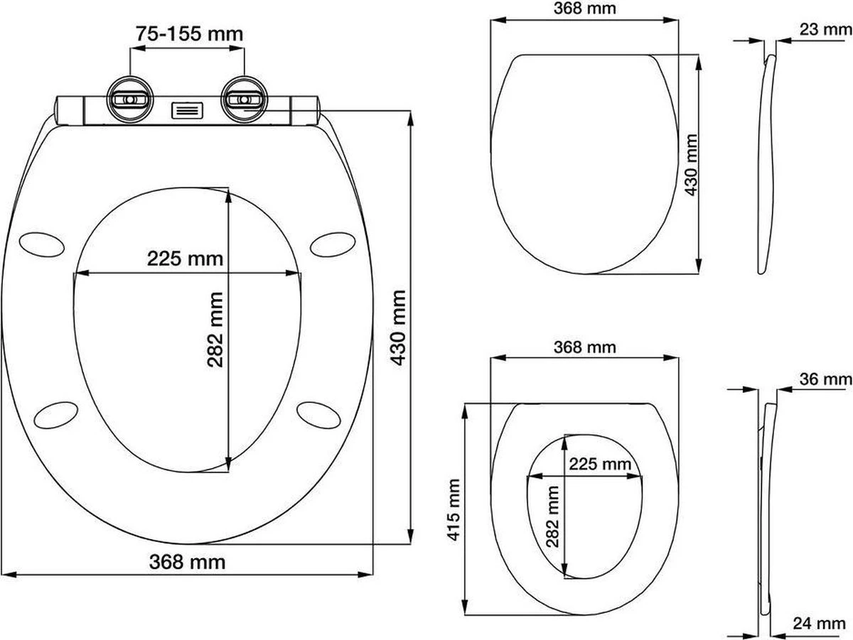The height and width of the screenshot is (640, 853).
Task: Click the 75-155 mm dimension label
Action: (x=189, y=33)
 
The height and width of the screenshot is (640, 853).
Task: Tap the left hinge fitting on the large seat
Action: (x=130, y=99)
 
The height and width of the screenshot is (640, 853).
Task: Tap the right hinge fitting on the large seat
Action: (x=244, y=99)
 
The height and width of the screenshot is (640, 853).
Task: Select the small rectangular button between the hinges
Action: (x=187, y=110)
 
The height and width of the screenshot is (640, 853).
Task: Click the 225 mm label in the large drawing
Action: (x=185, y=259)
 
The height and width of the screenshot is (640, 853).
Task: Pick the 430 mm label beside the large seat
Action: (x=399, y=327)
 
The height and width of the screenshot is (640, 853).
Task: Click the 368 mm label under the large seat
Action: (x=188, y=562)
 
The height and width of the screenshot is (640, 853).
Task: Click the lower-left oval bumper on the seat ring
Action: (x=56, y=414)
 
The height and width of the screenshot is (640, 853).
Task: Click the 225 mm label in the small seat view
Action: (x=599, y=465)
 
